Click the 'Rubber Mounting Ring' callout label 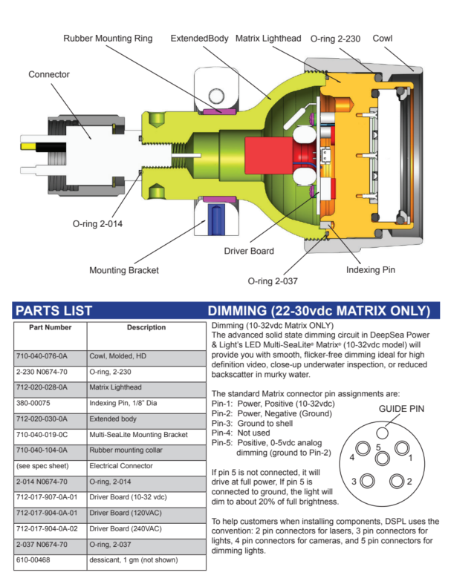coord(108,38)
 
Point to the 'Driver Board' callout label coord(248,252)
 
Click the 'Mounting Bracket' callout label coord(124,270)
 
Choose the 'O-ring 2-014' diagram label coord(102,222)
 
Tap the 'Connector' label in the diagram coord(49,75)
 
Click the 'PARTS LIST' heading coord(53,310)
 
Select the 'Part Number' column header coord(51,327)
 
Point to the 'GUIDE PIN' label coord(380,407)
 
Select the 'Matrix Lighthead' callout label coord(267,38)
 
